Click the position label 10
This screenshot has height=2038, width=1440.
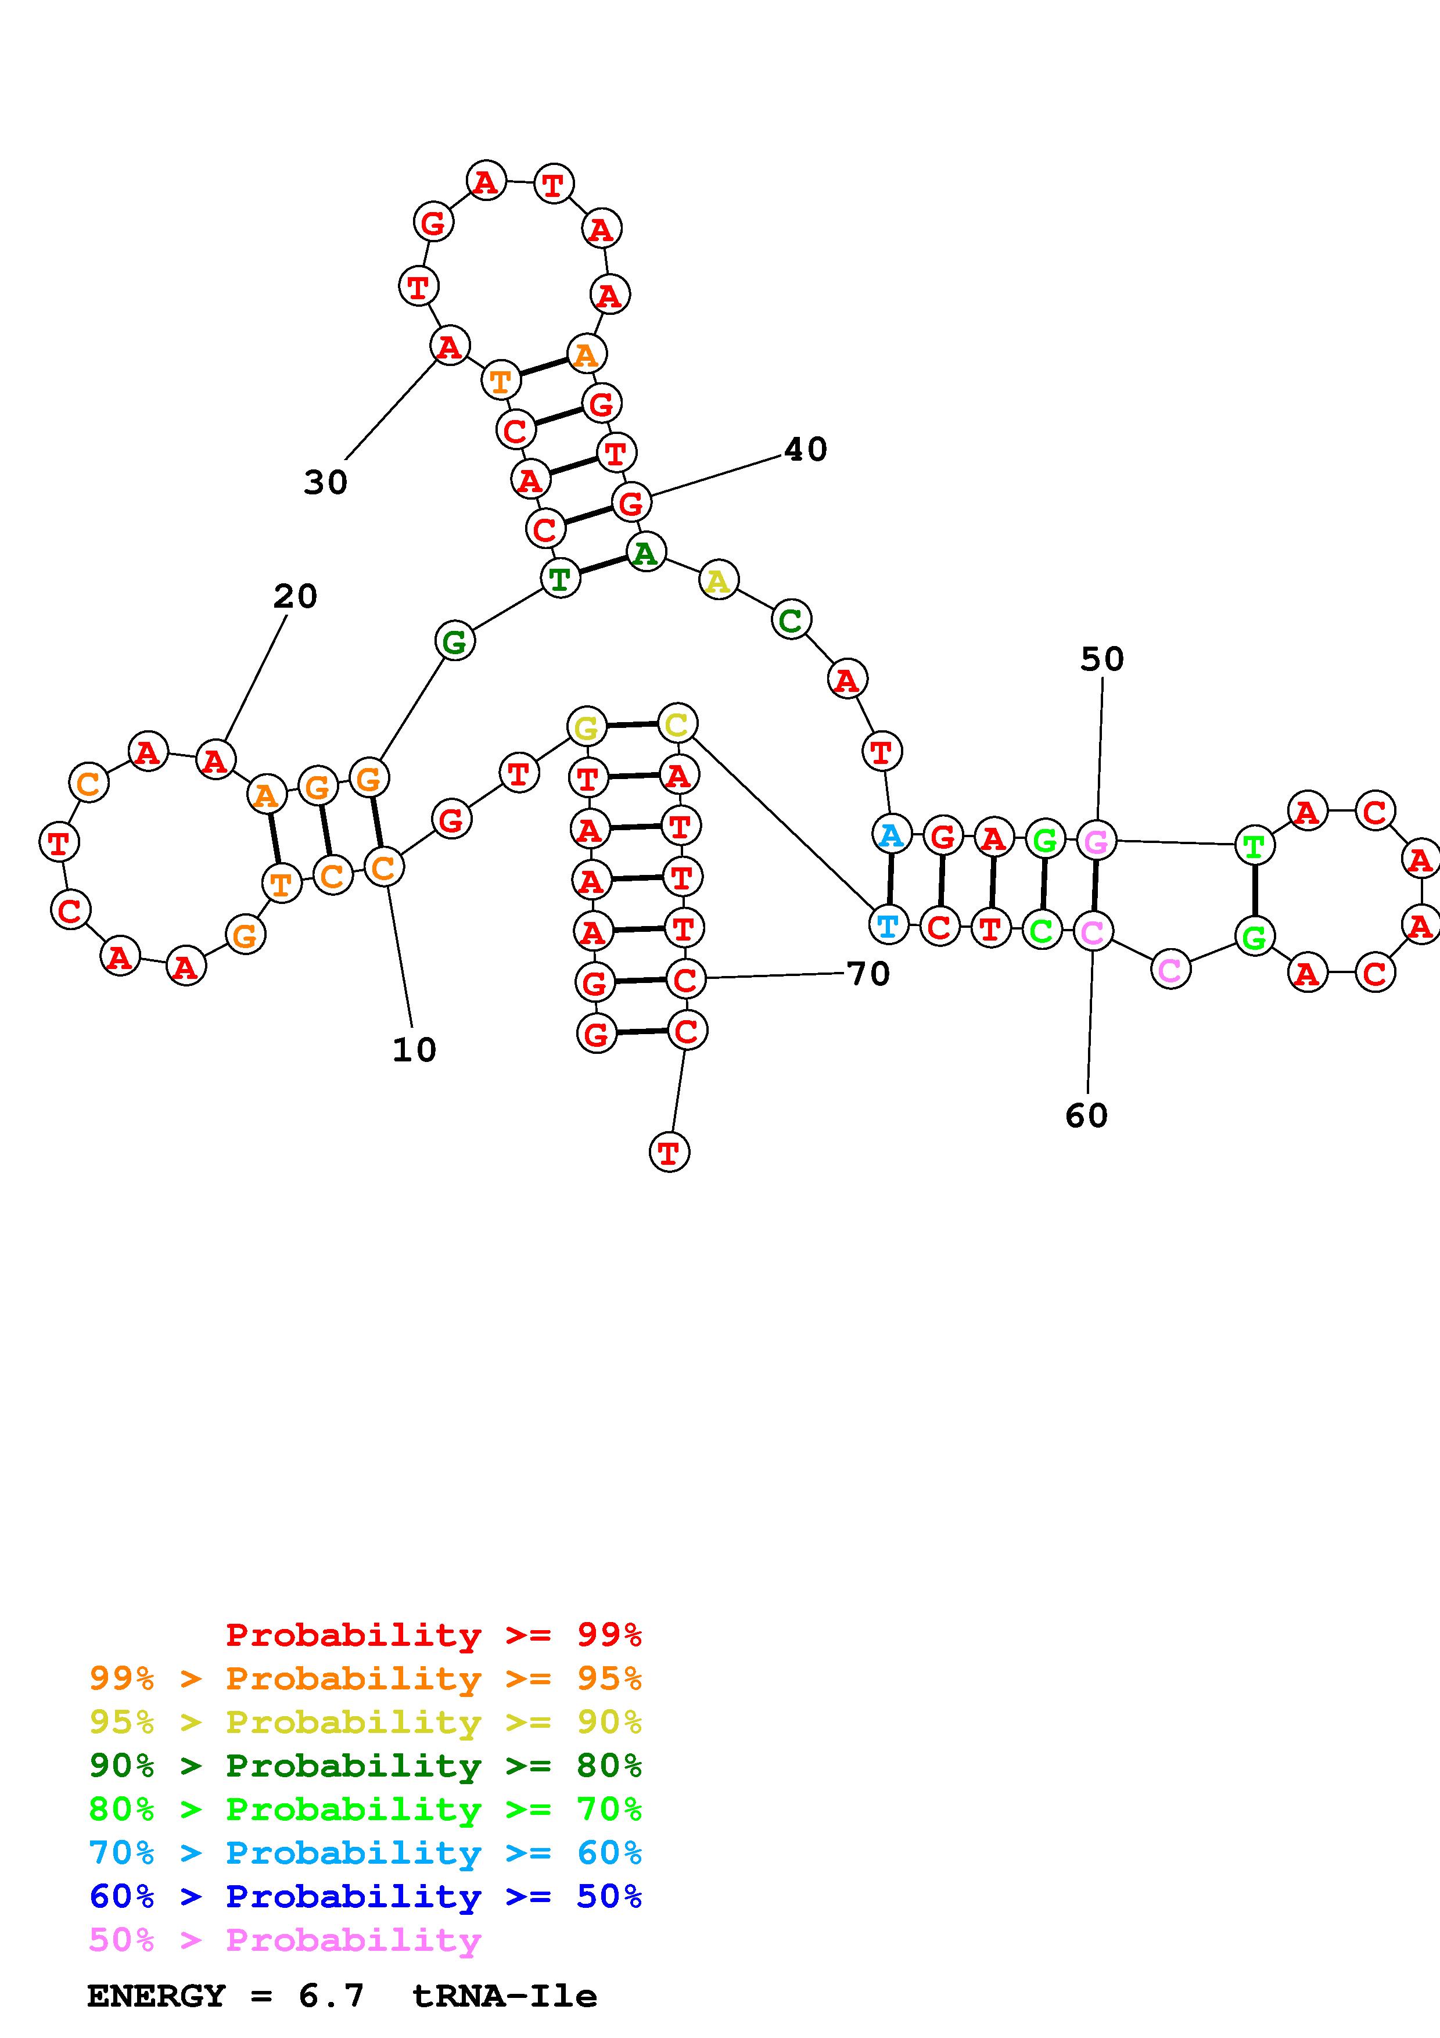click(414, 1050)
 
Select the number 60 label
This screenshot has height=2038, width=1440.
click(1086, 1116)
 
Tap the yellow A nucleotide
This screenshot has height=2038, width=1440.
click(718, 582)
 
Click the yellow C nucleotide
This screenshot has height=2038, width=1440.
click(677, 724)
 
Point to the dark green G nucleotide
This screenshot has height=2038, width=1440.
click(454, 641)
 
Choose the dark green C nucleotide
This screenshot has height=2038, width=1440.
click(789, 619)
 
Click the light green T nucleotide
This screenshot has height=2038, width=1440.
click(1254, 846)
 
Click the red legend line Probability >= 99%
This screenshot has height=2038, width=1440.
click(433, 1635)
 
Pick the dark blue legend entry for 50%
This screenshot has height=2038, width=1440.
click(365, 1897)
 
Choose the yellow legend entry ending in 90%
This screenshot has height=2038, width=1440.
click(365, 1722)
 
